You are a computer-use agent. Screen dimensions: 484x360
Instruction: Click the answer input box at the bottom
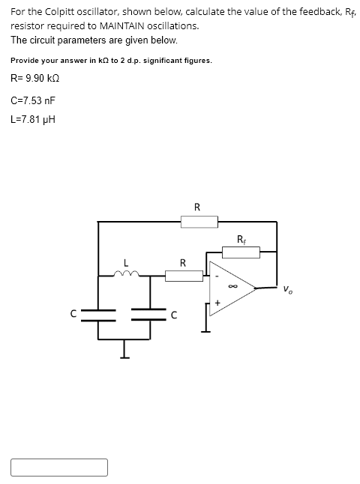[x=59, y=467]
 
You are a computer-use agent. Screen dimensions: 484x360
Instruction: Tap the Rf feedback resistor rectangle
[x=241, y=252]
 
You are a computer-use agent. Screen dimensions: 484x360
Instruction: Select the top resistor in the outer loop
[x=199, y=221]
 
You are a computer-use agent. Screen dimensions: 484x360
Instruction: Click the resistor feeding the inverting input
[x=183, y=276]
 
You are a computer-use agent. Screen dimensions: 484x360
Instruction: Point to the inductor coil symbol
[x=125, y=274]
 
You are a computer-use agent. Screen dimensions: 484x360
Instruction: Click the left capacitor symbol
[x=98, y=314]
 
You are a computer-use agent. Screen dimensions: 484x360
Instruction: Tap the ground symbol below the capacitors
[x=124, y=352]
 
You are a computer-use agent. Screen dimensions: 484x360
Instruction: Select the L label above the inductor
[x=126, y=263]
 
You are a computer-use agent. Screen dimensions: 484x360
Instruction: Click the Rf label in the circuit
[x=240, y=240]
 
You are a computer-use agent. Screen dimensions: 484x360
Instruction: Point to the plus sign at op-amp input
[x=217, y=303]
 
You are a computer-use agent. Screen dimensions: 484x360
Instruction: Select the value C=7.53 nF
[x=33, y=100]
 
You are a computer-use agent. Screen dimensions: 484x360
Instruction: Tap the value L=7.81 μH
[x=33, y=118]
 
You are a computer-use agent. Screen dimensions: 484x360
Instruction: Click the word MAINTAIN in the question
[x=125, y=25]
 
